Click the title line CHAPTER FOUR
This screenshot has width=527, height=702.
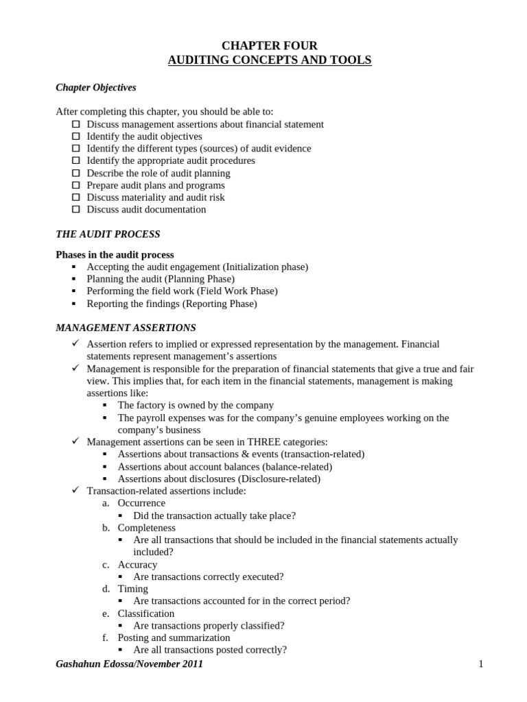[269, 45]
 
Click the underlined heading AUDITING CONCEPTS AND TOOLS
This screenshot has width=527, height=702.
[269, 60]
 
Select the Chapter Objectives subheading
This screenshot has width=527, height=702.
[95, 87]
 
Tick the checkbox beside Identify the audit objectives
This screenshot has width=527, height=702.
[75, 136]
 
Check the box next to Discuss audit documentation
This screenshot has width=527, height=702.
[75, 209]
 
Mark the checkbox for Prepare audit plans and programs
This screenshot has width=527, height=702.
[75, 185]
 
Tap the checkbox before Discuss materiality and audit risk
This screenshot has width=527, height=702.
[75, 197]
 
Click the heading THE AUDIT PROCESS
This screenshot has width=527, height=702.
[108, 234]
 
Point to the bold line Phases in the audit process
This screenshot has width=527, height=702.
[115, 254]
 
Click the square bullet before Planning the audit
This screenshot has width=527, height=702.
[75, 279]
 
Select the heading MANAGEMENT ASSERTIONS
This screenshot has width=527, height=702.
[126, 328]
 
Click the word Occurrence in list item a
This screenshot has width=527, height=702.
[141, 503]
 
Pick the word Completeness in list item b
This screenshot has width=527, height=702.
[146, 528]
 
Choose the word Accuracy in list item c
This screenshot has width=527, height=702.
[137, 564]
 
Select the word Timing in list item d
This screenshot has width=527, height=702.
[132, 589]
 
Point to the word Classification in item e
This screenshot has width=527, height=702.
[145, 613]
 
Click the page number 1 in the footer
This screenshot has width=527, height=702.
[481, 664]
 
